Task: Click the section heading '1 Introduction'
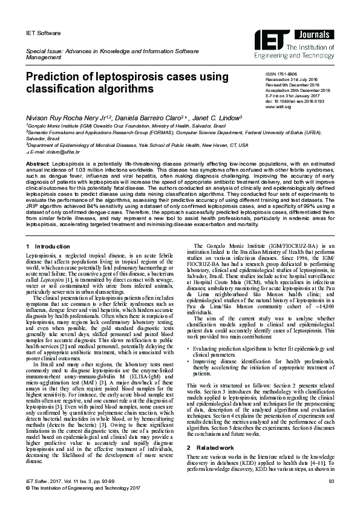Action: [x=49, y=247]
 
